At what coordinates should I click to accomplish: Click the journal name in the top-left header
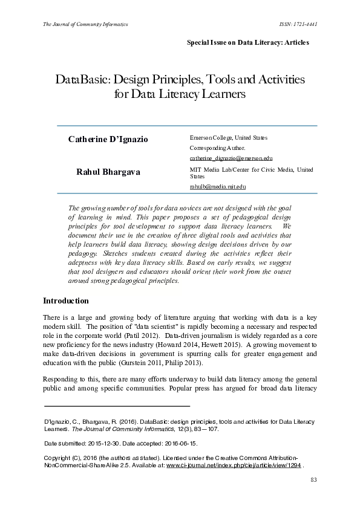click(85, 24)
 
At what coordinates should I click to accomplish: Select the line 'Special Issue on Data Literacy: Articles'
click(247, 42)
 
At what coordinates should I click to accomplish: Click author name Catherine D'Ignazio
click(108, 140)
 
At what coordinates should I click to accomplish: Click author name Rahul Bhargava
click(108, 172)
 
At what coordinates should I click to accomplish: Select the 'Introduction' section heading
click(66, 301)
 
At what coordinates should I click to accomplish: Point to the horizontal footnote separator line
click(117, 406)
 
